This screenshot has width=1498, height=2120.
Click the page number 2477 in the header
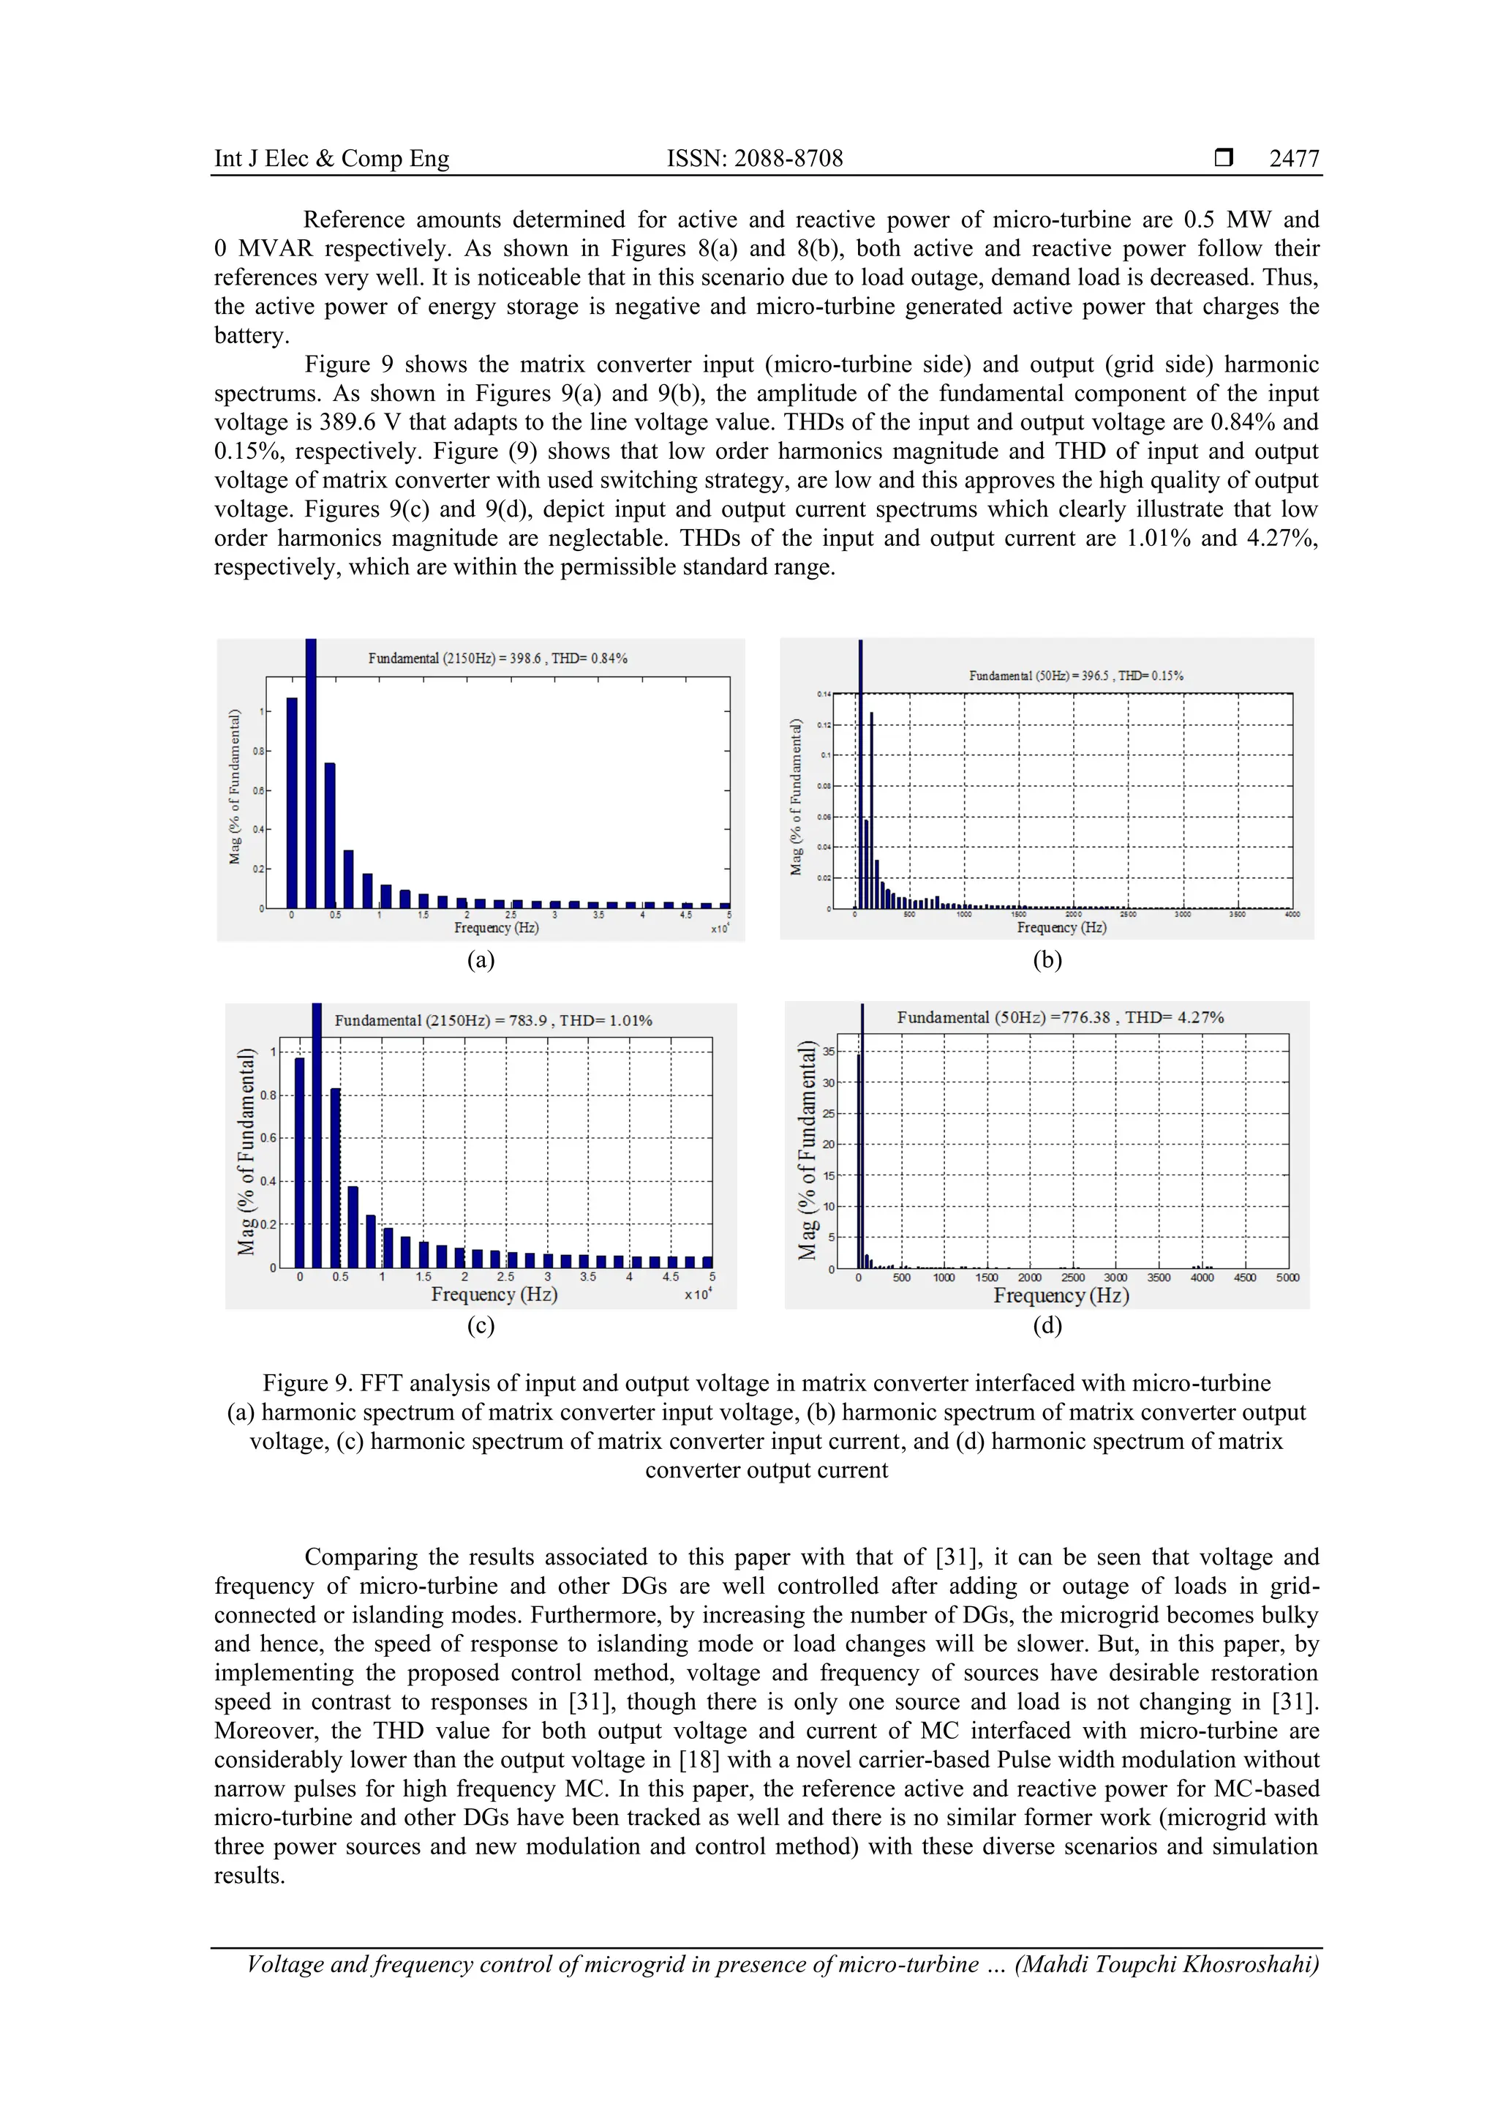(1293, 159)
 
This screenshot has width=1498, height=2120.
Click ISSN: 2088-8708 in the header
(754, 159)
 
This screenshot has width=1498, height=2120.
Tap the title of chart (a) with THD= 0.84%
(497, 659)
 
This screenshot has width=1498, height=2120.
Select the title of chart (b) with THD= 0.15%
(1075, 676)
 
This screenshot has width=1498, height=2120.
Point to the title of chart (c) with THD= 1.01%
(493, 1020)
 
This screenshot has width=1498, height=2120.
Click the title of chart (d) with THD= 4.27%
(1060, 1017)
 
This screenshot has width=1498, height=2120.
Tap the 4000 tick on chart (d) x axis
(1201, 1278)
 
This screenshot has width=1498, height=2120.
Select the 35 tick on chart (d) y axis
(829, 1052)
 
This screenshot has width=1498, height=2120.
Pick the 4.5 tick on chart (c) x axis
(670, 1277)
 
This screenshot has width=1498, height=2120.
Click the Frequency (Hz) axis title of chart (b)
(1061, 927)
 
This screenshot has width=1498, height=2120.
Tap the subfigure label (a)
(480, 959)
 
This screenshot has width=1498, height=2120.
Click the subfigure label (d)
(1047, 1325)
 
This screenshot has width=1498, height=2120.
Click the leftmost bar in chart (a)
(292, 804)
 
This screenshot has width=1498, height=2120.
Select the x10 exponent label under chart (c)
(697, 1295)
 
